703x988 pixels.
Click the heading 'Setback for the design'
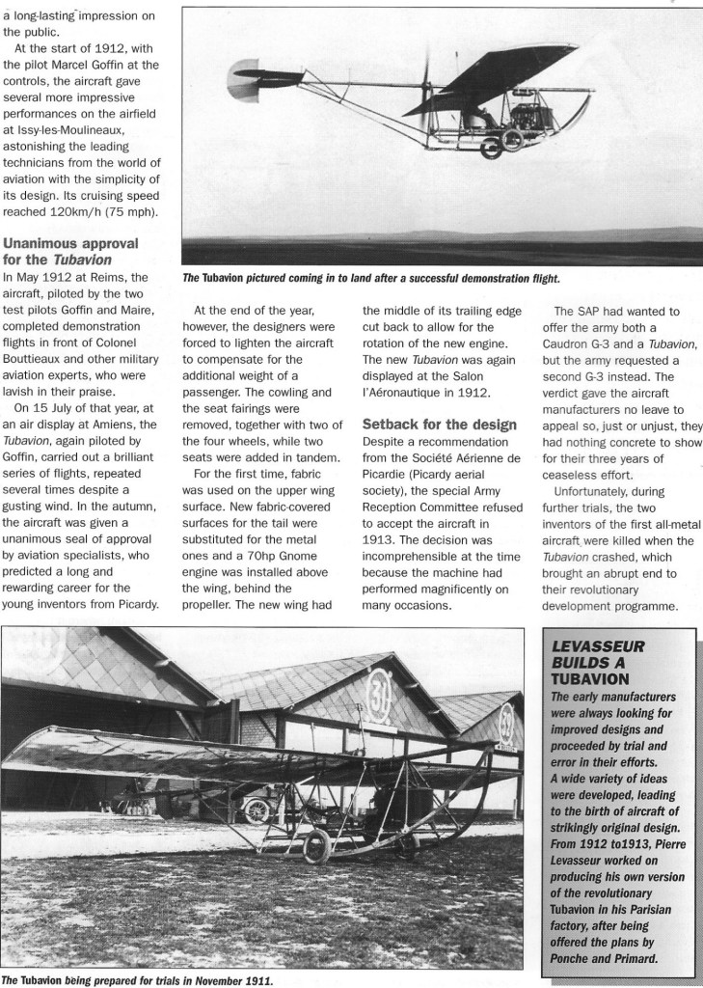pyautogui.click(x=439, y=424)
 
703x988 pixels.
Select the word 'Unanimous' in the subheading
pyautogui.click(x=47, y=242)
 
